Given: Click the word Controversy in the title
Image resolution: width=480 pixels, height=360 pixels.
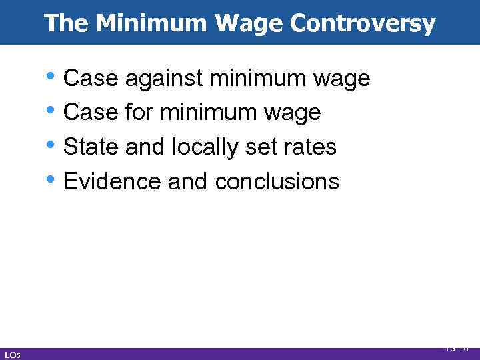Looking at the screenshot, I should pyautogui.click(x=363, y=24).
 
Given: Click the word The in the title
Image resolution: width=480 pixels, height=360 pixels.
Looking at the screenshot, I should pyautogui.click(x=67, y=24).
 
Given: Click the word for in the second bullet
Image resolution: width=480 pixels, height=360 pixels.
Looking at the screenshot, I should pyautogui.click(x=139, y=113).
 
